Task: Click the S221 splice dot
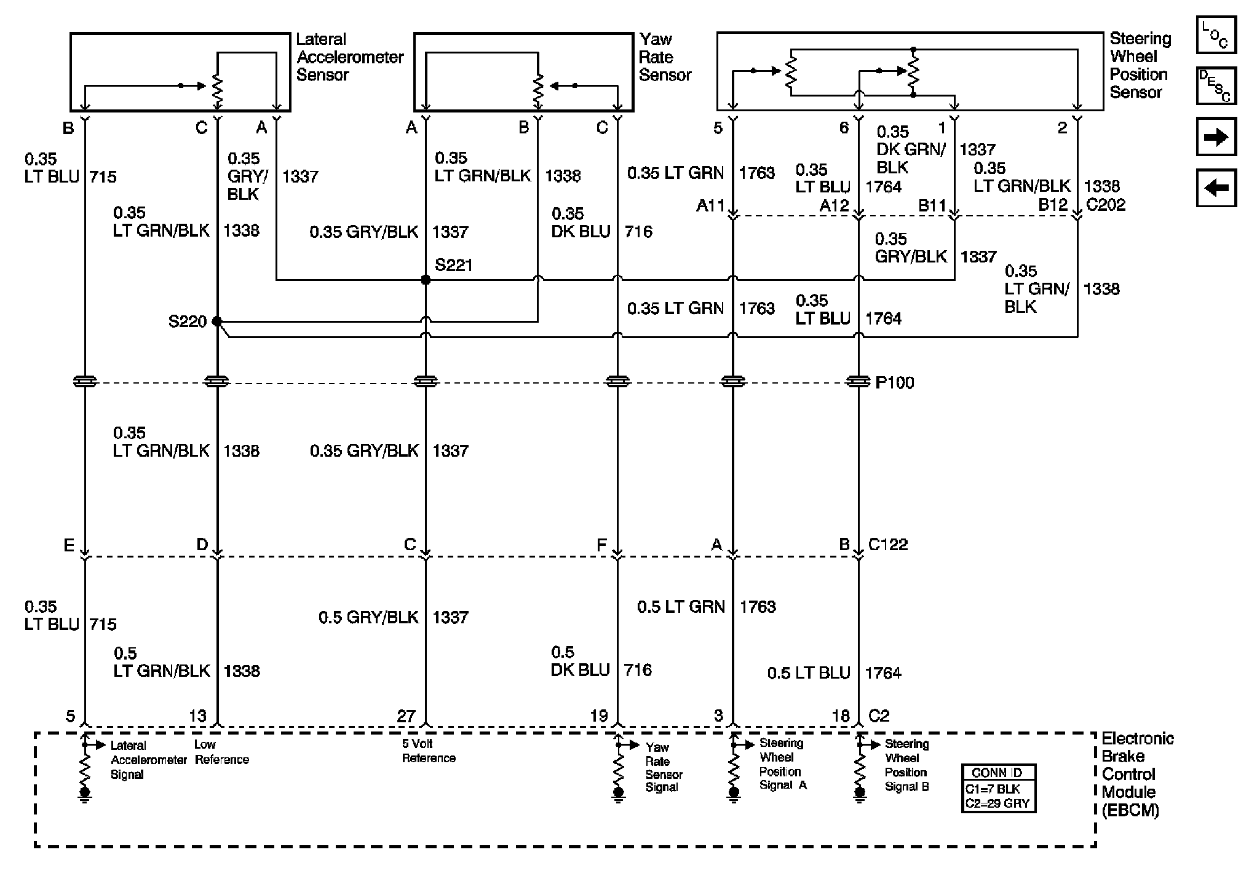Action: [x=426, y=280]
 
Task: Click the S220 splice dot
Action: [x=216, y=321]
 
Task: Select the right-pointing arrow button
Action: [x=1216, y=137]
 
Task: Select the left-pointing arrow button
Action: [x=1216, y=188]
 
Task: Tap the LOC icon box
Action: [x=1216, y=35]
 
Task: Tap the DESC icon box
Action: [x=1216, y=86]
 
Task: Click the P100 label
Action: [x=894, y=383]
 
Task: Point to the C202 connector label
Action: [x=1106, y=205]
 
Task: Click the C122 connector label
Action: [x=887, y=545]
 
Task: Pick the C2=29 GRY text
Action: [x=997, y=803]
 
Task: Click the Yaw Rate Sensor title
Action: [x=664, y=57]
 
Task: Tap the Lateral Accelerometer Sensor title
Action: [x=349, y=57]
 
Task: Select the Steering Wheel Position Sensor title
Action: [x=1140, y=66]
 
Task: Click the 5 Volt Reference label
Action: [x=429, y=751]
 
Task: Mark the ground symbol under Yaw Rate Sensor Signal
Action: [x=619, y=794]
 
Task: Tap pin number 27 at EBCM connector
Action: [x=406, y=716]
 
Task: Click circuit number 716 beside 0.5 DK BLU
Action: [x=638, y=670]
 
